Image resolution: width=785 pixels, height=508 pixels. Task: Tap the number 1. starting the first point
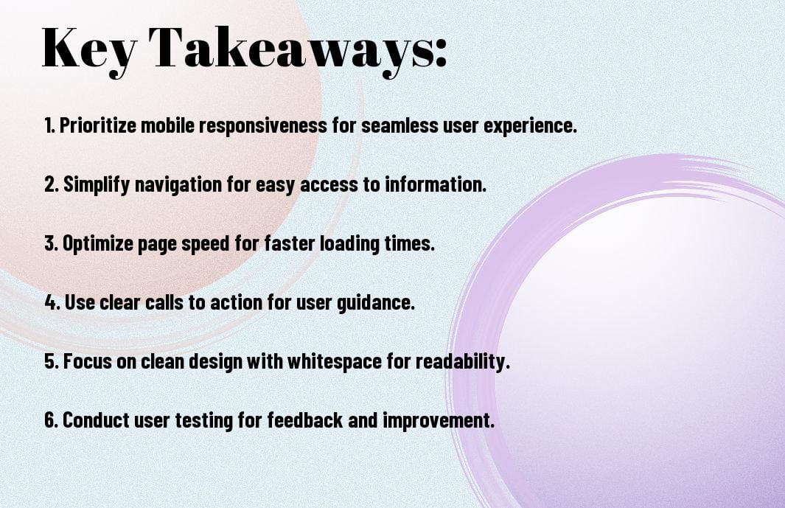[x=49, y=126]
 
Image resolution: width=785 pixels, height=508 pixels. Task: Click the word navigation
[x=172, y=185]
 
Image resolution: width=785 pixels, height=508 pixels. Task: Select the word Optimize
[x=97, y=244]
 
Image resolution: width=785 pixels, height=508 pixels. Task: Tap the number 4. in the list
[x=51, y=303]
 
